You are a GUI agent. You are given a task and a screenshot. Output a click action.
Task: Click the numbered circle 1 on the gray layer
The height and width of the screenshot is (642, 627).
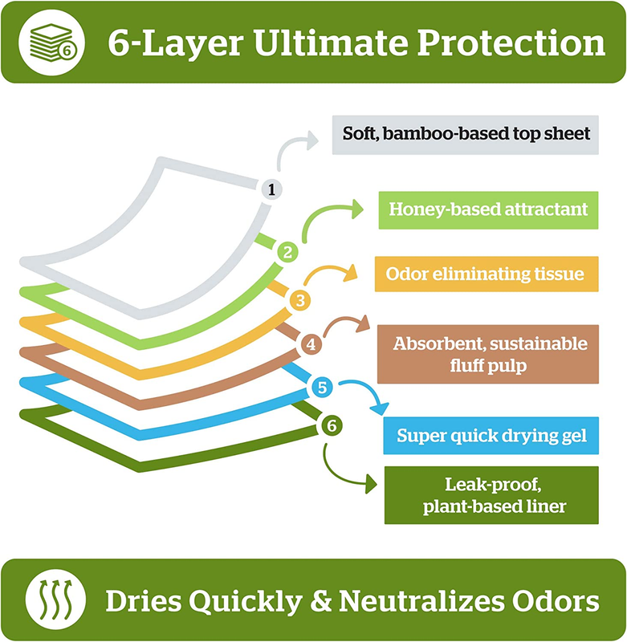271,189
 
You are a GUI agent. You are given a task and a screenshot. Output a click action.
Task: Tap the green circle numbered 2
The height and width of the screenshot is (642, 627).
287,252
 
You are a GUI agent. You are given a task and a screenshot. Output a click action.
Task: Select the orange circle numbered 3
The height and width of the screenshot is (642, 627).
300,300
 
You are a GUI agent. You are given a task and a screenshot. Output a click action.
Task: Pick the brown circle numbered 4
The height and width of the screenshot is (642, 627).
311,344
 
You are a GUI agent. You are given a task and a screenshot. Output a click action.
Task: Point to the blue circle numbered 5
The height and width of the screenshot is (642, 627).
322,388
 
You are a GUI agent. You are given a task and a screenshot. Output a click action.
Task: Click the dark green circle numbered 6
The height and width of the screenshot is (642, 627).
332,426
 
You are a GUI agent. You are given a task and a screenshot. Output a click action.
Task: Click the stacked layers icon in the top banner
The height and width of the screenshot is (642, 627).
52,43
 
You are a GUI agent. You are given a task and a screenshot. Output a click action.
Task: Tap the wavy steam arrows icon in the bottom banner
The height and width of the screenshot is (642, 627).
55,599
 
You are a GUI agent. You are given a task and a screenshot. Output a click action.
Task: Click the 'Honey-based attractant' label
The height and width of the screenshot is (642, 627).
488,210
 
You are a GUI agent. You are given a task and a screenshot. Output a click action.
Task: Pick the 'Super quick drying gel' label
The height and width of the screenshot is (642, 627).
491,436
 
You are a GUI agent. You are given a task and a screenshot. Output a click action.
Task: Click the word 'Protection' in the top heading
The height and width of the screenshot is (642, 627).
511,43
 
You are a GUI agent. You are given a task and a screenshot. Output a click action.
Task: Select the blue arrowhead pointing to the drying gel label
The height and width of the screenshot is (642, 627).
380,408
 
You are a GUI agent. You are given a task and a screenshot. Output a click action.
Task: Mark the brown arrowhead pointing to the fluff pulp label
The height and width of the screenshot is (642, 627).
362,325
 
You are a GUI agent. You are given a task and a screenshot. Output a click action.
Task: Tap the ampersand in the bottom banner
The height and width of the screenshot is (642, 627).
320,600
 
